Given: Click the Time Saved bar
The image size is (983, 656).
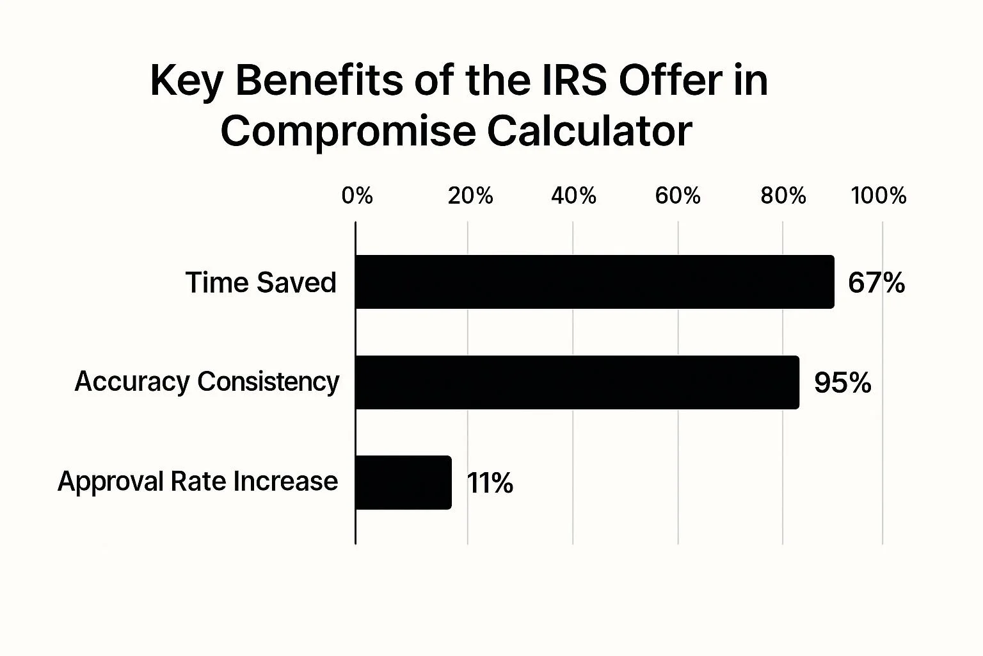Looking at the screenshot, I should point(595,282).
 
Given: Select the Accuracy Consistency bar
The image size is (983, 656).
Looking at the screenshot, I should point(577,382).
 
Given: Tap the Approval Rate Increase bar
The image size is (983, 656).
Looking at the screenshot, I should point(403,482).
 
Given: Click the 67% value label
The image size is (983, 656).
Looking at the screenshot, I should point(876,283).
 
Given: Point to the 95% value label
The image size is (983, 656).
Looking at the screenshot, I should point(842,382).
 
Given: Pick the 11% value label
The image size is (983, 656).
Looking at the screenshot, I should point(490,483).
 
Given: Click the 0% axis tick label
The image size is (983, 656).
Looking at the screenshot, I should point(357,195).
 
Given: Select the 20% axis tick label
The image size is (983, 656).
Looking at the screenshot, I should point(470,195).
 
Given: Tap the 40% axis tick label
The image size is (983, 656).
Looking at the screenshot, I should point(573,195).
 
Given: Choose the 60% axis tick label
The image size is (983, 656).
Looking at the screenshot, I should point(678,195).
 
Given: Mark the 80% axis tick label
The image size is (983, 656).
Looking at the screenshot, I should point(783,195).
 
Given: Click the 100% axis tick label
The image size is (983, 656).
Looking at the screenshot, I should point(879,195).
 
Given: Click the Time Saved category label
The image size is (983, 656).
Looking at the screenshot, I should point(260,283).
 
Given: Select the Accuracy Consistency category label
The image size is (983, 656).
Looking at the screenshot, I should point(207,382).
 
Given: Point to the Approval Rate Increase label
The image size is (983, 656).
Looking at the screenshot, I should point(198,481).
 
